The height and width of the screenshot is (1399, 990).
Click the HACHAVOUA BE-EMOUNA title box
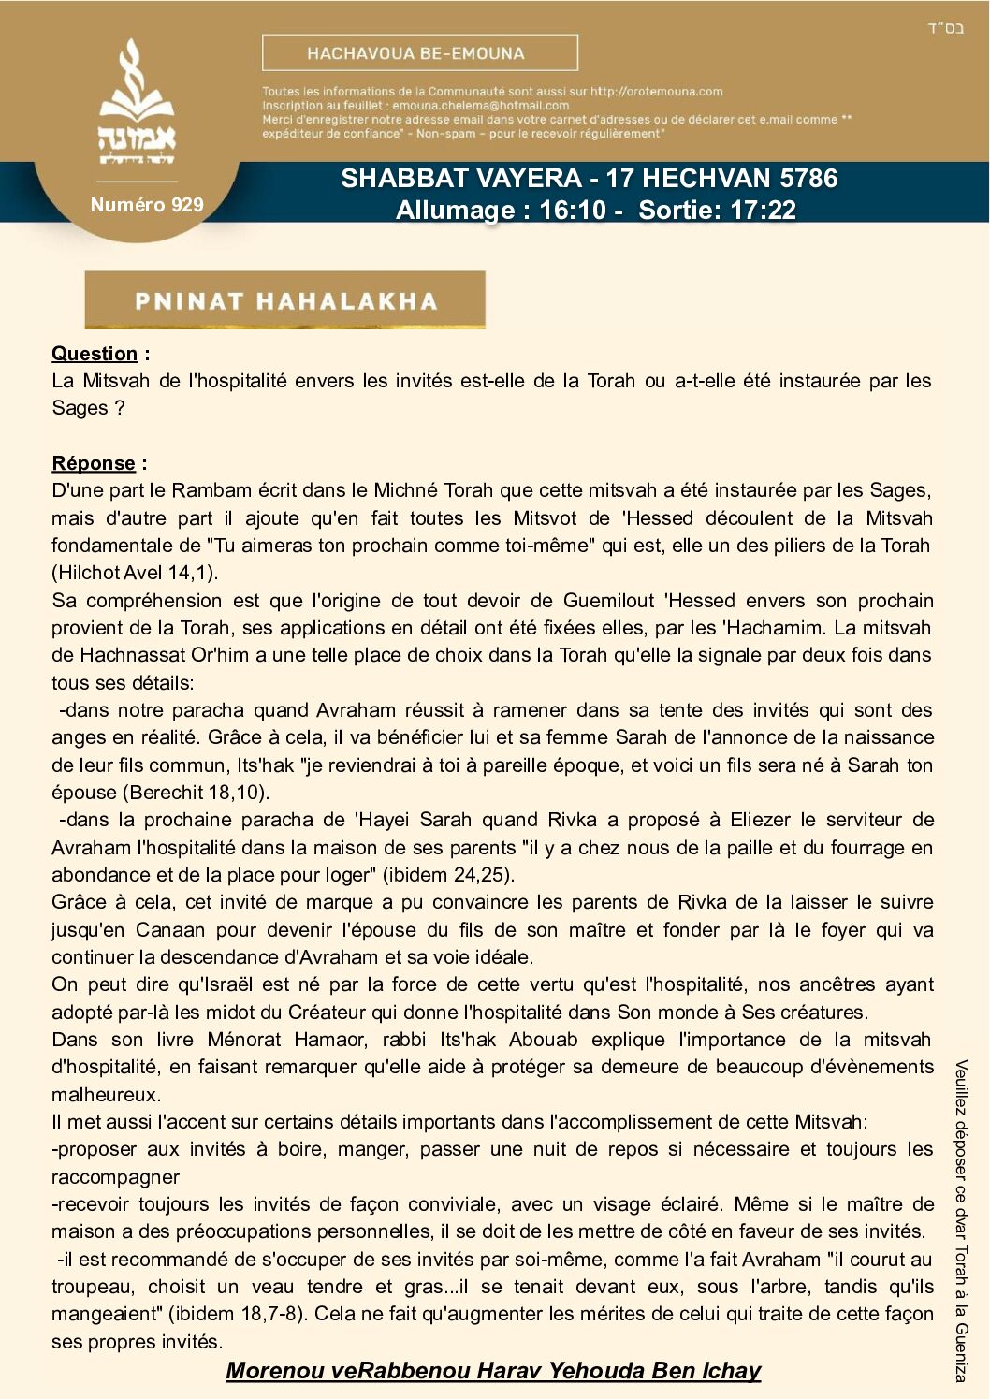click(x=419, y=53)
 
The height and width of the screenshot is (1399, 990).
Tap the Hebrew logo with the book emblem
click(x=137, y=104)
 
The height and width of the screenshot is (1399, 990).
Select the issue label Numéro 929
click(x=147, y=205)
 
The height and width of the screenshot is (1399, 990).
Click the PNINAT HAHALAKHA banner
click(x=285, y=300)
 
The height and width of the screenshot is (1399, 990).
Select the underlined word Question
click(x=95, y=354)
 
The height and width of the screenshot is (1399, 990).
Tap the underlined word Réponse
click(x=94, y=463)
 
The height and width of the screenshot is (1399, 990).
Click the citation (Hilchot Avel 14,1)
click(x=135, y=573)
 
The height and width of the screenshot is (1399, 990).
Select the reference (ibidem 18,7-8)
click(x=238, y=1314)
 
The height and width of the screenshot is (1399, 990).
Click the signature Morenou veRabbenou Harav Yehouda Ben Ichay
click(x=493, y=1371)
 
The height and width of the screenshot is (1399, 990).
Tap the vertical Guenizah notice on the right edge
click(x=961, y=1220)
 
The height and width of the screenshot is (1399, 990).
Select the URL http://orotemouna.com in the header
click(x=656, y=92)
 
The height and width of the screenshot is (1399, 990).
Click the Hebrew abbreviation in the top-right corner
click(x=945, y=28)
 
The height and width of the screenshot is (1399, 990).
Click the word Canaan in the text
click(x=170, y=930)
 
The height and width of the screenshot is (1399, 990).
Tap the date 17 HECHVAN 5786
click(x=721, y=178)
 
